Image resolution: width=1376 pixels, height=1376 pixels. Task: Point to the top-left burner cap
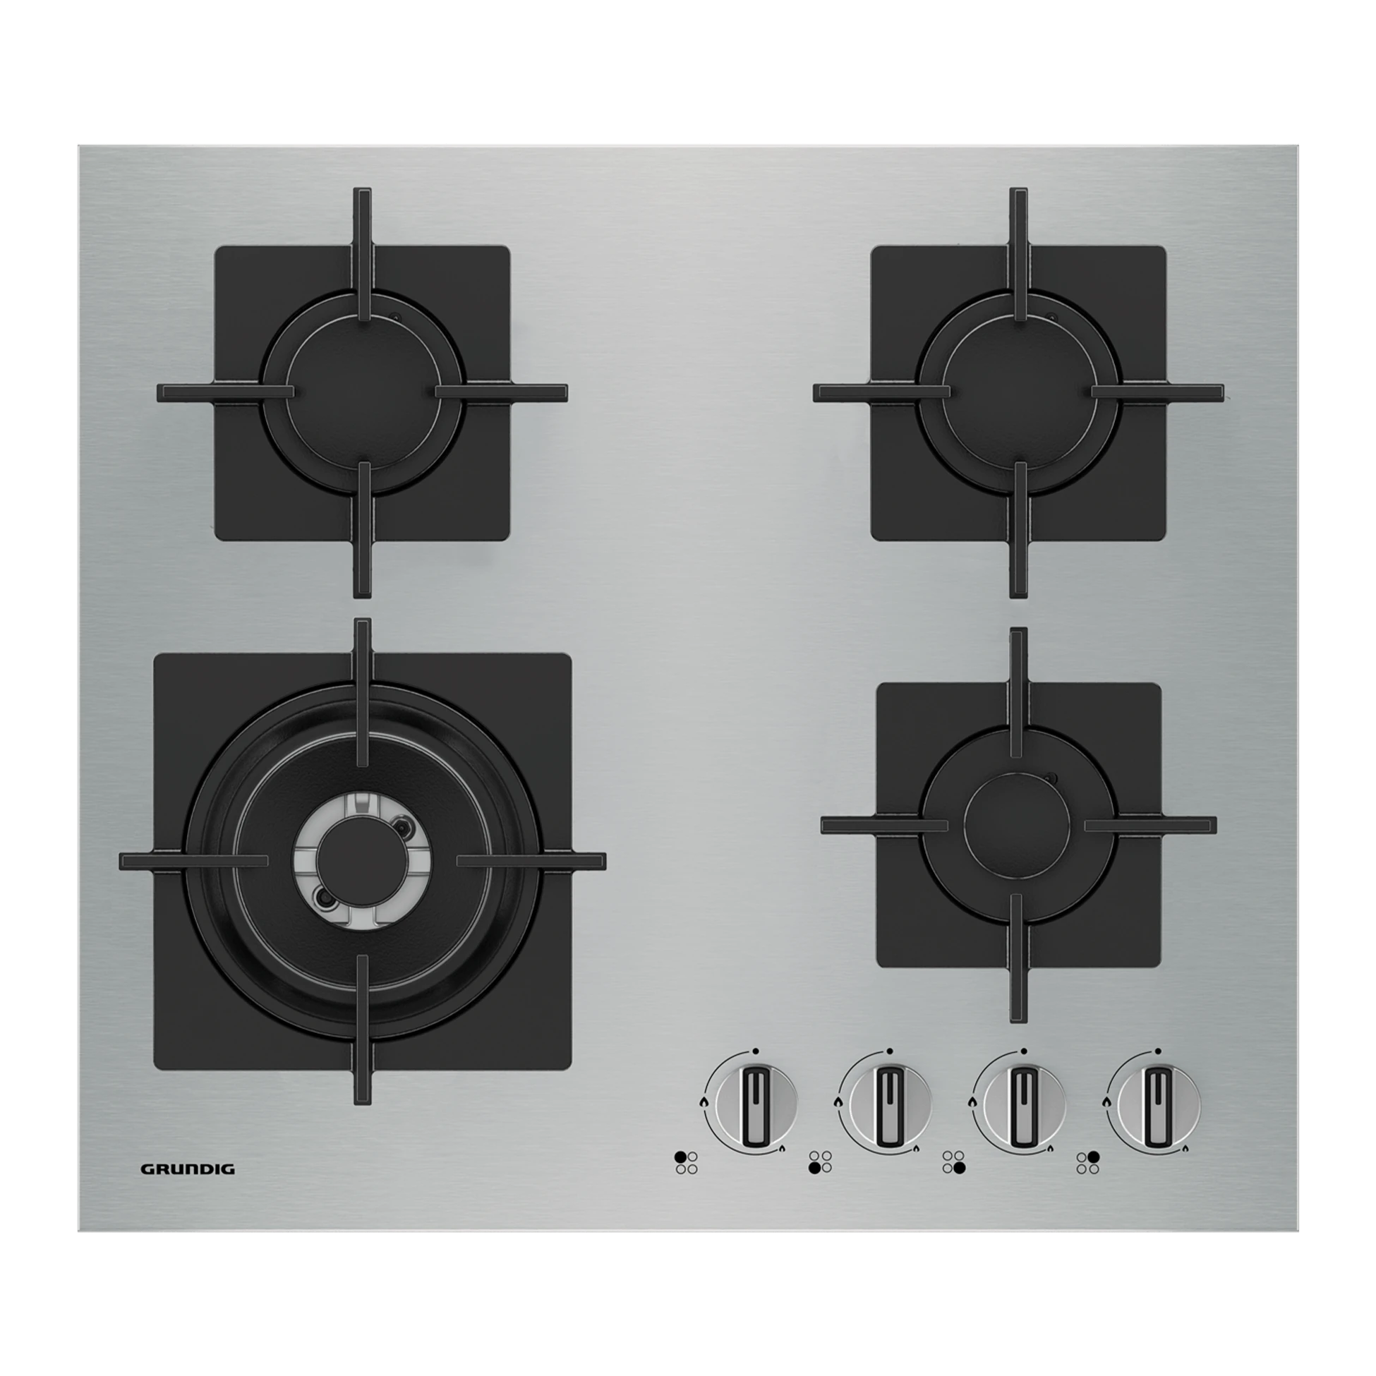pyautogui.click(x=363, y=391)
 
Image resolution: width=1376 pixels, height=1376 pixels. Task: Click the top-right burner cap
pyautogui.click(x=1019, y=391)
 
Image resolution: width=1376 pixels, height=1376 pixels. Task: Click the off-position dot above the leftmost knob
pyautogui.click(x=754, y=1070)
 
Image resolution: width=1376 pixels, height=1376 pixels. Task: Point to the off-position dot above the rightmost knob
pyautogui.click(x=1158, y=1070)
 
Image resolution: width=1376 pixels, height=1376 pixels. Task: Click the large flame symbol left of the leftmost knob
pyautogui.click(x=704, y=1123)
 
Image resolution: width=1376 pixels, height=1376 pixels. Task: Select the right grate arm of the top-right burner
pyautogui.click(x=1158, y=391)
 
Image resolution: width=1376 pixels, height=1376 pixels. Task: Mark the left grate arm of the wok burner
pyautogui.click(x=194, y=860)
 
